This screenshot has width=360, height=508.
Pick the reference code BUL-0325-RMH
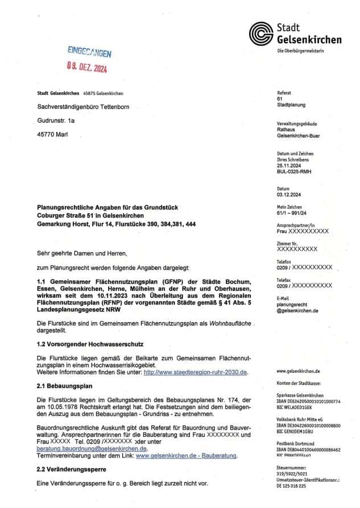pos(294,171)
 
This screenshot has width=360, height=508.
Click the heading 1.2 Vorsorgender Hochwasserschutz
pos(89,344)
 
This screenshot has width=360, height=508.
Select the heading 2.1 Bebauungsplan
pos(60,386)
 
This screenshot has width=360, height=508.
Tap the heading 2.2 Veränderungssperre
pos(71,470)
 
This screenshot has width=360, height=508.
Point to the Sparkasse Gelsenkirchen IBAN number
pos(308,401)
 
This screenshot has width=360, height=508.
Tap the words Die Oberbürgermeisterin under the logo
pos(300,51)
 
